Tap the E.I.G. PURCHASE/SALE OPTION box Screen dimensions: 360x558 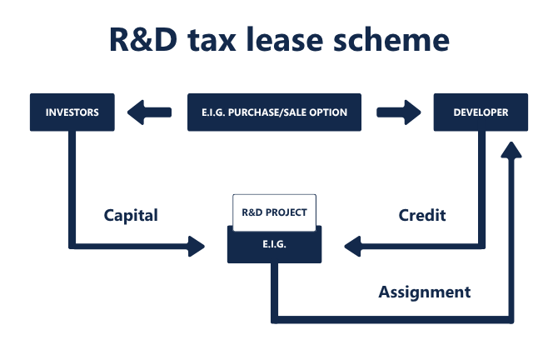coord(275,112)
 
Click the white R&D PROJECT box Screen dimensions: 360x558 coord(274,212)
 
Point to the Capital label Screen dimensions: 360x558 coord(131,215)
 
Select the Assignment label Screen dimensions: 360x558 coord(425,292)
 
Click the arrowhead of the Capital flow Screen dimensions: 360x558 coord(197,246)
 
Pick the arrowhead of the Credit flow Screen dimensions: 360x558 coord(353,246)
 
